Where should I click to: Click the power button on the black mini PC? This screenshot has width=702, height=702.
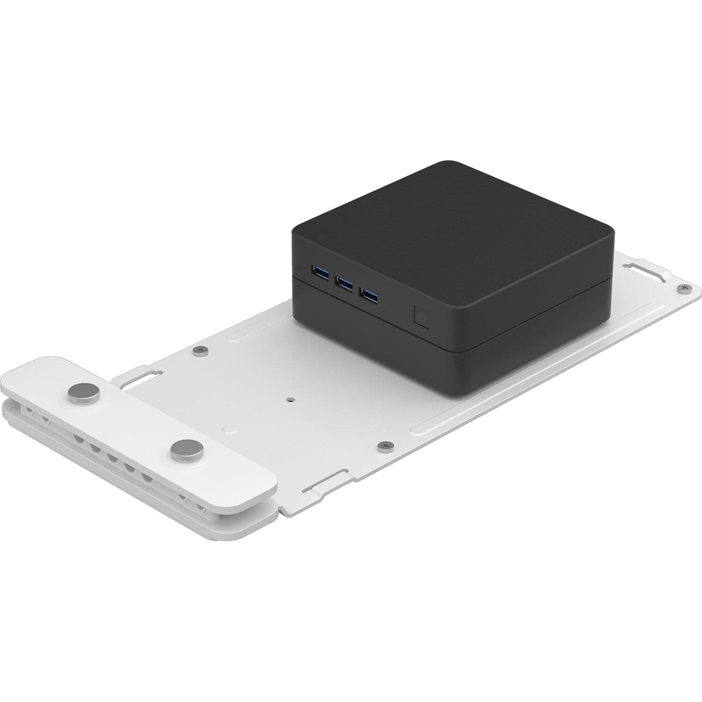tap(422, 317)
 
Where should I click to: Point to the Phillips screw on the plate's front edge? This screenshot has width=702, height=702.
tap(386, 446)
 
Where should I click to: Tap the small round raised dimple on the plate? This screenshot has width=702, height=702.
tap(229, 428)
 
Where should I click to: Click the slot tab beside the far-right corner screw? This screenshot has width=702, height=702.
tap(648, 271)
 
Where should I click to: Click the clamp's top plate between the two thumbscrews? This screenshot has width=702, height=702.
tap(131, 421)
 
